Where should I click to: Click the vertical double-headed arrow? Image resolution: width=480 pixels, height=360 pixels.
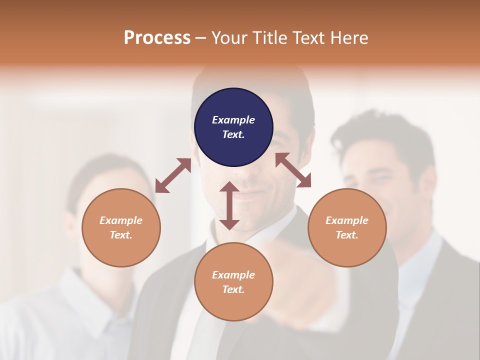pyautogui.click(x=229, y=205)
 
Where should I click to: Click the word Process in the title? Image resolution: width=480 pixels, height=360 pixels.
pyautogui.click(x=157, y=38)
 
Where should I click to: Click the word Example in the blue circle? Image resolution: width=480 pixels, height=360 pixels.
pyautogui.click(x=233, y=120)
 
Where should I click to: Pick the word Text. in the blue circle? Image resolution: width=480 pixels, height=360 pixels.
pyautogui.click(x=233, y=134)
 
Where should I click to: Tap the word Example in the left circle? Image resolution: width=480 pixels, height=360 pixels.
pyautogui.click(x=121, y=220)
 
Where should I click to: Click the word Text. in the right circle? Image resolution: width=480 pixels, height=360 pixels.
pyautogui.click(x=347, y=235)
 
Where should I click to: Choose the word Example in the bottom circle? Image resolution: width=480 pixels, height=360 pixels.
pyautogui.click(x=233, y=275)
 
